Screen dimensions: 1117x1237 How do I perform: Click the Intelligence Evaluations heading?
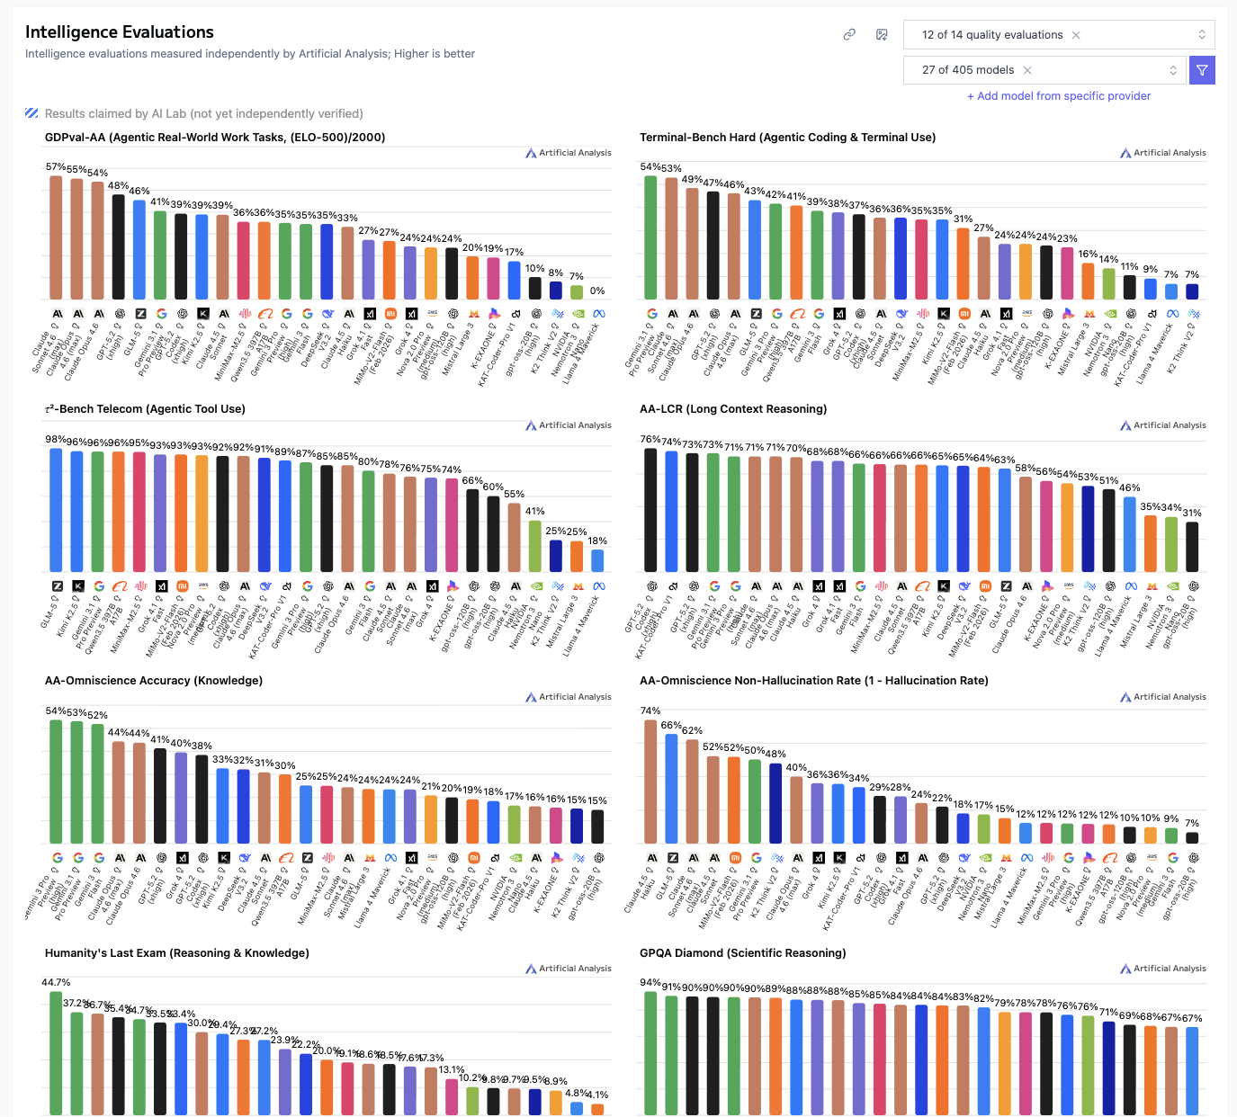point(120,32)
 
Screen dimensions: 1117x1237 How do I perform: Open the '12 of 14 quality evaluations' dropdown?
point(1058,35)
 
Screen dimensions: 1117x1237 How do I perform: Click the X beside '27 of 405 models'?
point(1027,70)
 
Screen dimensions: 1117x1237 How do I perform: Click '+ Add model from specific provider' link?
point(1059,96)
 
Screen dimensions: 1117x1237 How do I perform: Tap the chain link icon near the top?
point(849,35)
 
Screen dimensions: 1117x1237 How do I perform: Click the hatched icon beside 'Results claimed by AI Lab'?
point(31,113)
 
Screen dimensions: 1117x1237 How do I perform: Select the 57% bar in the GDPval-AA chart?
point(56,237)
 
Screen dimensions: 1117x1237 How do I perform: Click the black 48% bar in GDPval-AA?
point(118,246)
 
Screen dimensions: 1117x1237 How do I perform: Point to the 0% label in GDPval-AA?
point(597,291)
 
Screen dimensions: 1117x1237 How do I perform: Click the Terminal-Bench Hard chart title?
point(787,138)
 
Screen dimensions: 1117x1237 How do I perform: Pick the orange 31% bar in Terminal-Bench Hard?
point(963,264)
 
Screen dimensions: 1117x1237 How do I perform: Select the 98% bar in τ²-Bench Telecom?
point(56,510)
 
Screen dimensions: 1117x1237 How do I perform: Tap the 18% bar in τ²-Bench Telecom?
point(597,560)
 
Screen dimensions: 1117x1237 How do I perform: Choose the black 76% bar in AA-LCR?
point(650,510)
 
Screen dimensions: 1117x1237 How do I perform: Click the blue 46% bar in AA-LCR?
point(1129,534)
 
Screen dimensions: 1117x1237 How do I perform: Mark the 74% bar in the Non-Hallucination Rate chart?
point(650,782)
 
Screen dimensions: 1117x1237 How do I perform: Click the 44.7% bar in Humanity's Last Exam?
point(56,1053)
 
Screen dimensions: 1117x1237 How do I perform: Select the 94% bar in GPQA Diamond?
point(650,1053)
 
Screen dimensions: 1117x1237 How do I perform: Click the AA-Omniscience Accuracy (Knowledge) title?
point(154,681)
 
